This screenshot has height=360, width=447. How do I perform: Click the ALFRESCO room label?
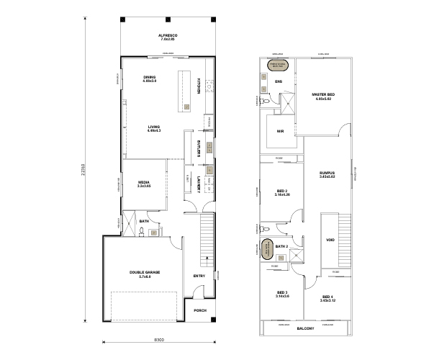(x=168, y=35)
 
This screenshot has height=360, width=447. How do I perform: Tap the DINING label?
(x=150, y=77)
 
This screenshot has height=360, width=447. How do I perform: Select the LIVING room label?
(x=153, y=127)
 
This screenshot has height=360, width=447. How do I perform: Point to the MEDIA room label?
(x=144, y=183)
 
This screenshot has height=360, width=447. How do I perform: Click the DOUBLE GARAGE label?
(x=146, y=271)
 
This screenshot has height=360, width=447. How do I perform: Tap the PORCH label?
(x=200, y=310)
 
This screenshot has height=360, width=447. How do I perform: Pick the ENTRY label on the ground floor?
(x=199, y=276)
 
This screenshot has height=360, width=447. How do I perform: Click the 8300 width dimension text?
(x=159, y=340)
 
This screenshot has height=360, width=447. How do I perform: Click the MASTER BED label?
(x=322, y=94)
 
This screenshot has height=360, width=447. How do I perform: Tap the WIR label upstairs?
(x=281, y=131)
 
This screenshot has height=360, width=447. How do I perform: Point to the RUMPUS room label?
(x=328, y=173)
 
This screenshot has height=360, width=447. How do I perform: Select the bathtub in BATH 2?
(x=267, y=248)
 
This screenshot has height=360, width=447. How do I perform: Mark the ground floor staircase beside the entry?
(x=205, y=238)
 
